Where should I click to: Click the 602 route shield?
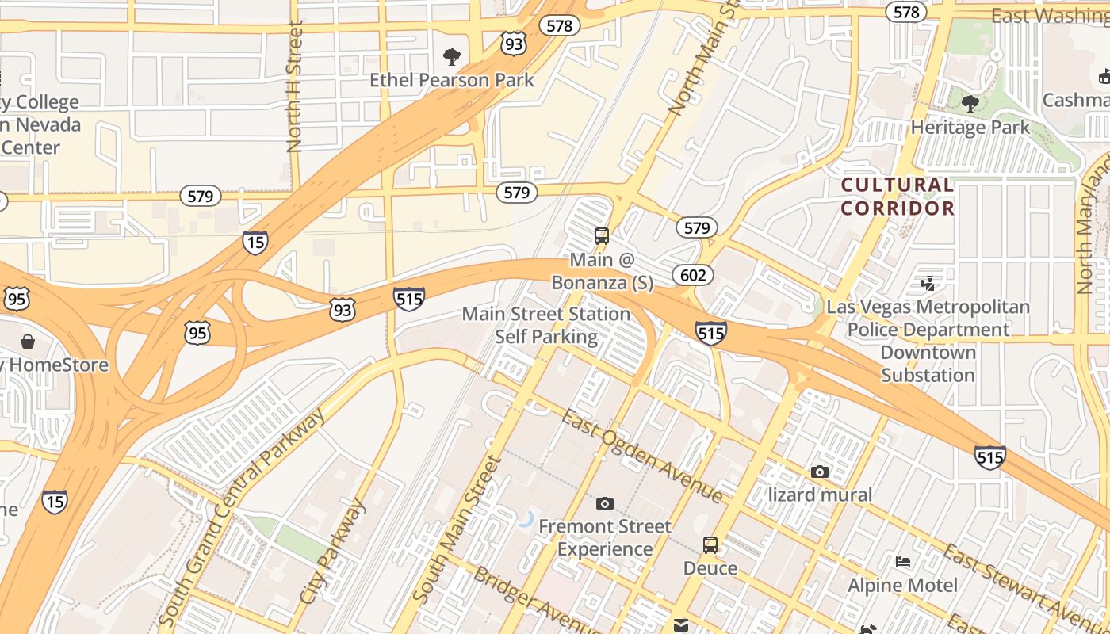(693, 275)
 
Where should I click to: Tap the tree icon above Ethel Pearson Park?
(452, 57)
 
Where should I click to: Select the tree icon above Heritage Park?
(970, 104)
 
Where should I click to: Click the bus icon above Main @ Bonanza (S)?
(602, 236)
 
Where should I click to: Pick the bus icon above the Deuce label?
(710, 545)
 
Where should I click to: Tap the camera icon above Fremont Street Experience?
(604, 503)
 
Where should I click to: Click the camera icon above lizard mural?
(820, 472)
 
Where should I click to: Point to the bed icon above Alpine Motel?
(902, 562)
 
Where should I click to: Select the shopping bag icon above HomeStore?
(28, 342)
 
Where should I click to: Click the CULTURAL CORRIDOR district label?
(898, 197)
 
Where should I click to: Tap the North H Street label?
(295, 87)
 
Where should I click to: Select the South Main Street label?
(457, 529)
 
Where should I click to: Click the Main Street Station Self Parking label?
(546, 325)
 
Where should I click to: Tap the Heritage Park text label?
(970, 127)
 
